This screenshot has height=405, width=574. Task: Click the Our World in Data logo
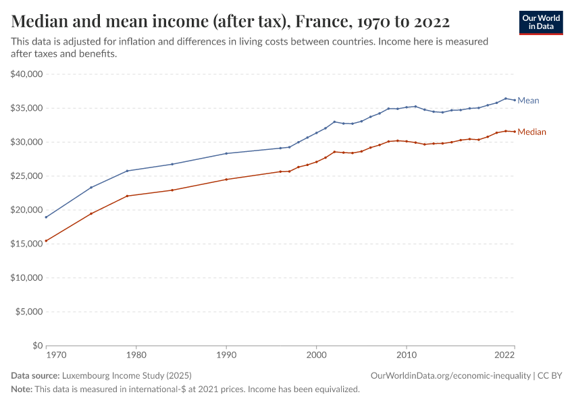[x=540, y=22]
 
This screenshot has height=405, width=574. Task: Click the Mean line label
[x=528, y=101]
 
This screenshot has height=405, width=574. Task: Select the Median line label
[x=531, y=132]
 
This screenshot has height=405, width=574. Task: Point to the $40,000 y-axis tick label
[x=27, y=74]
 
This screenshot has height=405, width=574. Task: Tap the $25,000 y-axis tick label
[x=27, y=176]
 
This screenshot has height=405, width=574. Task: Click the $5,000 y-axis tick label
[x=29, y=312]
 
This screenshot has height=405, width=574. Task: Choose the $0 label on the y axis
[x=36, y=346]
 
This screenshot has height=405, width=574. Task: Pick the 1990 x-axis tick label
[x=226, y=355]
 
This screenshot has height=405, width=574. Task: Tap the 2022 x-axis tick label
[x=505, y=355]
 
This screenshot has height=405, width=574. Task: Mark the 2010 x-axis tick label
[x=406, y=355]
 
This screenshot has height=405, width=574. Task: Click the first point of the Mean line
[x=46, y=217]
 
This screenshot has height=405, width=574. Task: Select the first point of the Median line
[x=46, y=241]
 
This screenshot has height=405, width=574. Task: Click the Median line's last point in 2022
[x=515, y=132]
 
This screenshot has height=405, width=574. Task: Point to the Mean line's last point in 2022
[x=515, y=101]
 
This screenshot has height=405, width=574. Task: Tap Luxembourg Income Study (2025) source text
[x=126, y=375]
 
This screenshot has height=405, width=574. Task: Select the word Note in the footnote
[x=20, y=389]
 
